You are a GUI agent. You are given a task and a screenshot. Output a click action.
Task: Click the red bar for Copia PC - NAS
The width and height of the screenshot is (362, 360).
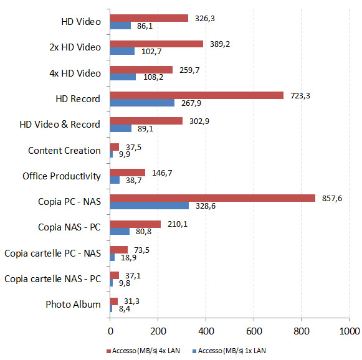pyautogui.click(x=212, y=198)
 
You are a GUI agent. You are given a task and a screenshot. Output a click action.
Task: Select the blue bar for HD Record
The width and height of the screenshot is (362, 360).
pyautogui.click(x=142, y=103)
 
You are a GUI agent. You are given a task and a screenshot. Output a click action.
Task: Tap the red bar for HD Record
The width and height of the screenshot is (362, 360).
pyautogui.click(x=196, y=95)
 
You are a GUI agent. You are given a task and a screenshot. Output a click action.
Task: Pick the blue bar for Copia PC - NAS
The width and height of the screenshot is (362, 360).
pyautogui.click(x=149, y=206)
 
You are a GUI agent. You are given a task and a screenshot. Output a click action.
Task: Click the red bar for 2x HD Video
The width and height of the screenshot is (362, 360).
pyautogui.click(x=156, y=44)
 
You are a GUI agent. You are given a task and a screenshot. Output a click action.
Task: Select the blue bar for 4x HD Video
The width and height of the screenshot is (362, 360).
pyautogui.click(x=123, y=77)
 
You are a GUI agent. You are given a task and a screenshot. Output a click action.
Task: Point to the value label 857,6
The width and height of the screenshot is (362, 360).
pyautogui.click(x=332, y=198)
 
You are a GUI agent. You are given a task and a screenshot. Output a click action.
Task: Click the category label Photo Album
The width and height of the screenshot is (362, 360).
pyautogui.click(x=73, y=305)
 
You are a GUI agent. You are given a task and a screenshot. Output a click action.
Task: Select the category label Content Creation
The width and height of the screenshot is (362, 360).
pyautogui.click(x=64, y=150)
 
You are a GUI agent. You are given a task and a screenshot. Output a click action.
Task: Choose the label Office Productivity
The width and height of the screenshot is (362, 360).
pyautogui.click(x=62, y=176)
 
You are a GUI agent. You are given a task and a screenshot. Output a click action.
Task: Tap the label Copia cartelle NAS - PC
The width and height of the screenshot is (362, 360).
pyautogui.click(x=52, y=278)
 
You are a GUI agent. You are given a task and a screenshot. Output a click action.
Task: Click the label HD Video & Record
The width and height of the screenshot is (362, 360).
pyautogui.click(x=60, y=125)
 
